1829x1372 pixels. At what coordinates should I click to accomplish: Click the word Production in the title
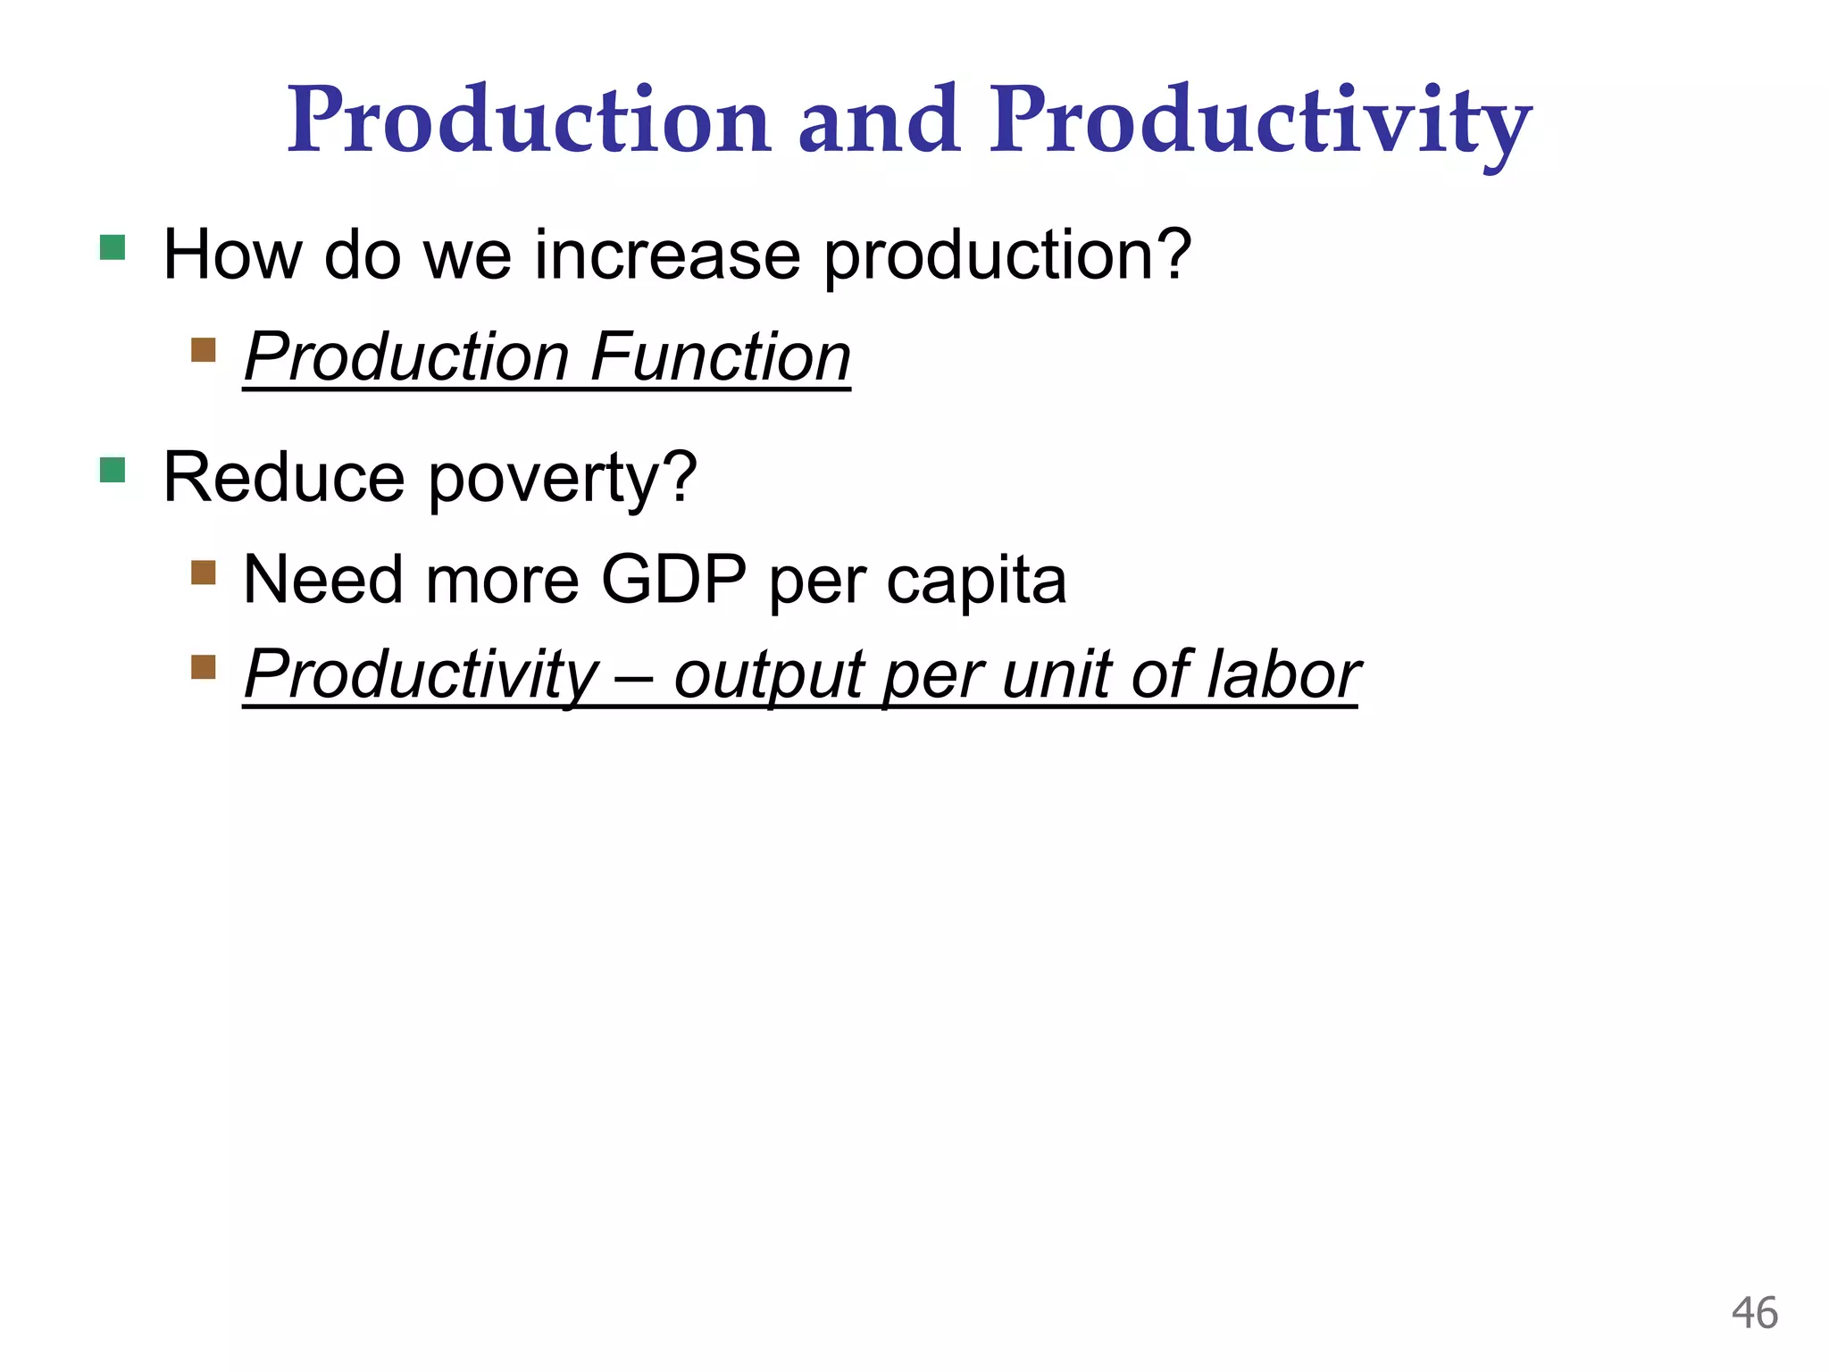click(x=528, y=121)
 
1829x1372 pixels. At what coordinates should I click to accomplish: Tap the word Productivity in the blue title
click(x=1260, y=121)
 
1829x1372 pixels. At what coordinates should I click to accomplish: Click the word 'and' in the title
click(x=879, y=121)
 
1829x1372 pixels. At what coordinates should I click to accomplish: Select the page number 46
click(x=1754, y=1314)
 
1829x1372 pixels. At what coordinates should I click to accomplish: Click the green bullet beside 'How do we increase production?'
click(x=113, y=247)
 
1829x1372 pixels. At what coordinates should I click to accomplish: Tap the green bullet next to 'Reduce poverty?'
click(x=113, y=470)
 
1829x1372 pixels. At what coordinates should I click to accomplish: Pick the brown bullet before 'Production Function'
click(x=204, y=349)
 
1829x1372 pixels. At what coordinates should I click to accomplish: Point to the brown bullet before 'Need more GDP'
click(x=204, y=573)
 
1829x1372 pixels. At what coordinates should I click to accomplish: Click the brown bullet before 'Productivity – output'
click(x=204, y=667)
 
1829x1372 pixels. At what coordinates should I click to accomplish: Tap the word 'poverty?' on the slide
click(x=563, y=479)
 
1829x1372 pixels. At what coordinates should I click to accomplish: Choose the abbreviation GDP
click(x=673, y=581)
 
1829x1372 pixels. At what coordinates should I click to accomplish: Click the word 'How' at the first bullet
click(x=233, y=255)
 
